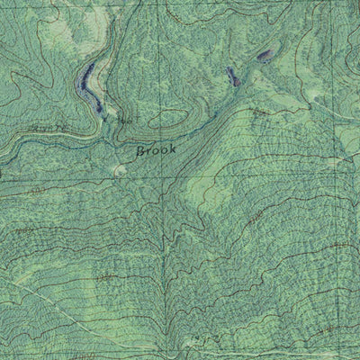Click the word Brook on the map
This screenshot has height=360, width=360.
tap(155, 151)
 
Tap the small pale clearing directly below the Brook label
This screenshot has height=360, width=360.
tap(121, 169)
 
